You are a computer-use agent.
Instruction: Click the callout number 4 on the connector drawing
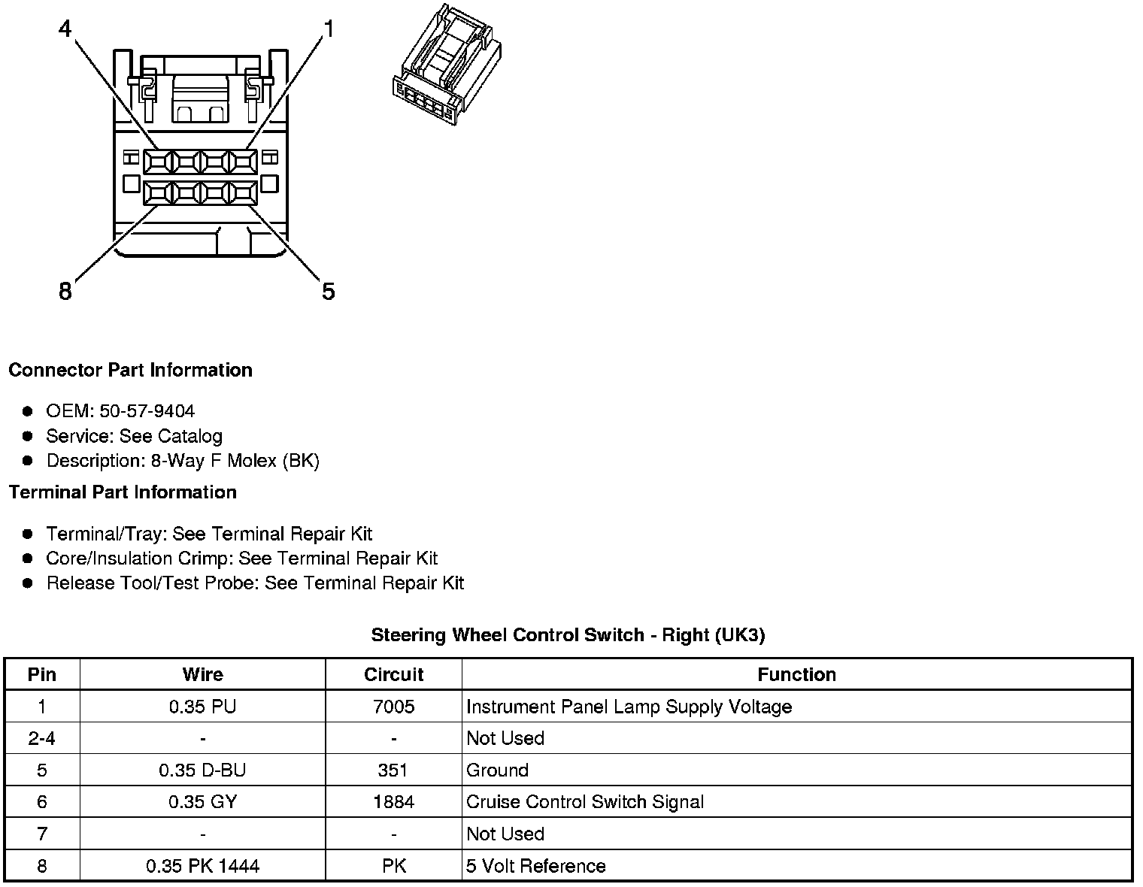[x=65, y=29]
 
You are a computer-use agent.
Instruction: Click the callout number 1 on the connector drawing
[x=328, y=29]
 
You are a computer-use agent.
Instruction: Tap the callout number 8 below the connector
[x=65, y=291]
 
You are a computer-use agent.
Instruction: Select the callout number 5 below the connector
[x=328, y=291]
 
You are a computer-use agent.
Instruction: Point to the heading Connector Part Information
[x=130, y=370]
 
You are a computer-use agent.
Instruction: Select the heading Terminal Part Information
[x=123, y=492]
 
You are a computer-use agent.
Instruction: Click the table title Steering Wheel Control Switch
[x=568, y=635]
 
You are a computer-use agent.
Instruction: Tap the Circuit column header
[x=393, y=674]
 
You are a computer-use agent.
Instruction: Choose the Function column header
[x=796, y=674]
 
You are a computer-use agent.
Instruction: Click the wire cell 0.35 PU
[x=202, y=707]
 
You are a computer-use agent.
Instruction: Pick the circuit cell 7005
[x=393, y=707]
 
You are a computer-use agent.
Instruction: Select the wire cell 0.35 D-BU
[x=202, y=770]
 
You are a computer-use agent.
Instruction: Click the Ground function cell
[x=497, y=770]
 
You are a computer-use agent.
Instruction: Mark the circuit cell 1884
[x=393, y=802]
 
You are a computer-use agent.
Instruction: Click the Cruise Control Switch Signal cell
[x=585, y=802]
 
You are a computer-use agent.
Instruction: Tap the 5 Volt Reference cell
[x=535, y=866]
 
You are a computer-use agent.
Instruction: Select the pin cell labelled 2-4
[x=41, y=738]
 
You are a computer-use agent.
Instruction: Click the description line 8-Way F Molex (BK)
[x=183, y=461]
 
